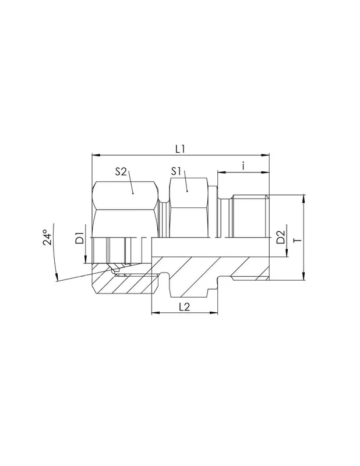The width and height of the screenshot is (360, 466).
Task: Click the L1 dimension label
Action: click(x=180, y=149)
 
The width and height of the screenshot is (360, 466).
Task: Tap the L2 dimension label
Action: click(x=185, y=307)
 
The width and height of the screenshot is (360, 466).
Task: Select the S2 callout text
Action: click(x=121, y=171)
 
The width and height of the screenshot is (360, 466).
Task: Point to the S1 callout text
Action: click(x=177, y=171)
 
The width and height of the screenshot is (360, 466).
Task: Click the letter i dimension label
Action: click(x=243, y=166)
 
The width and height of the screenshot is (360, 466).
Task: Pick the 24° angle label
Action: click(x=47, y=237)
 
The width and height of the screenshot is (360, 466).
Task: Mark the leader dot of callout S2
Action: click(x=133, y=193)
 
